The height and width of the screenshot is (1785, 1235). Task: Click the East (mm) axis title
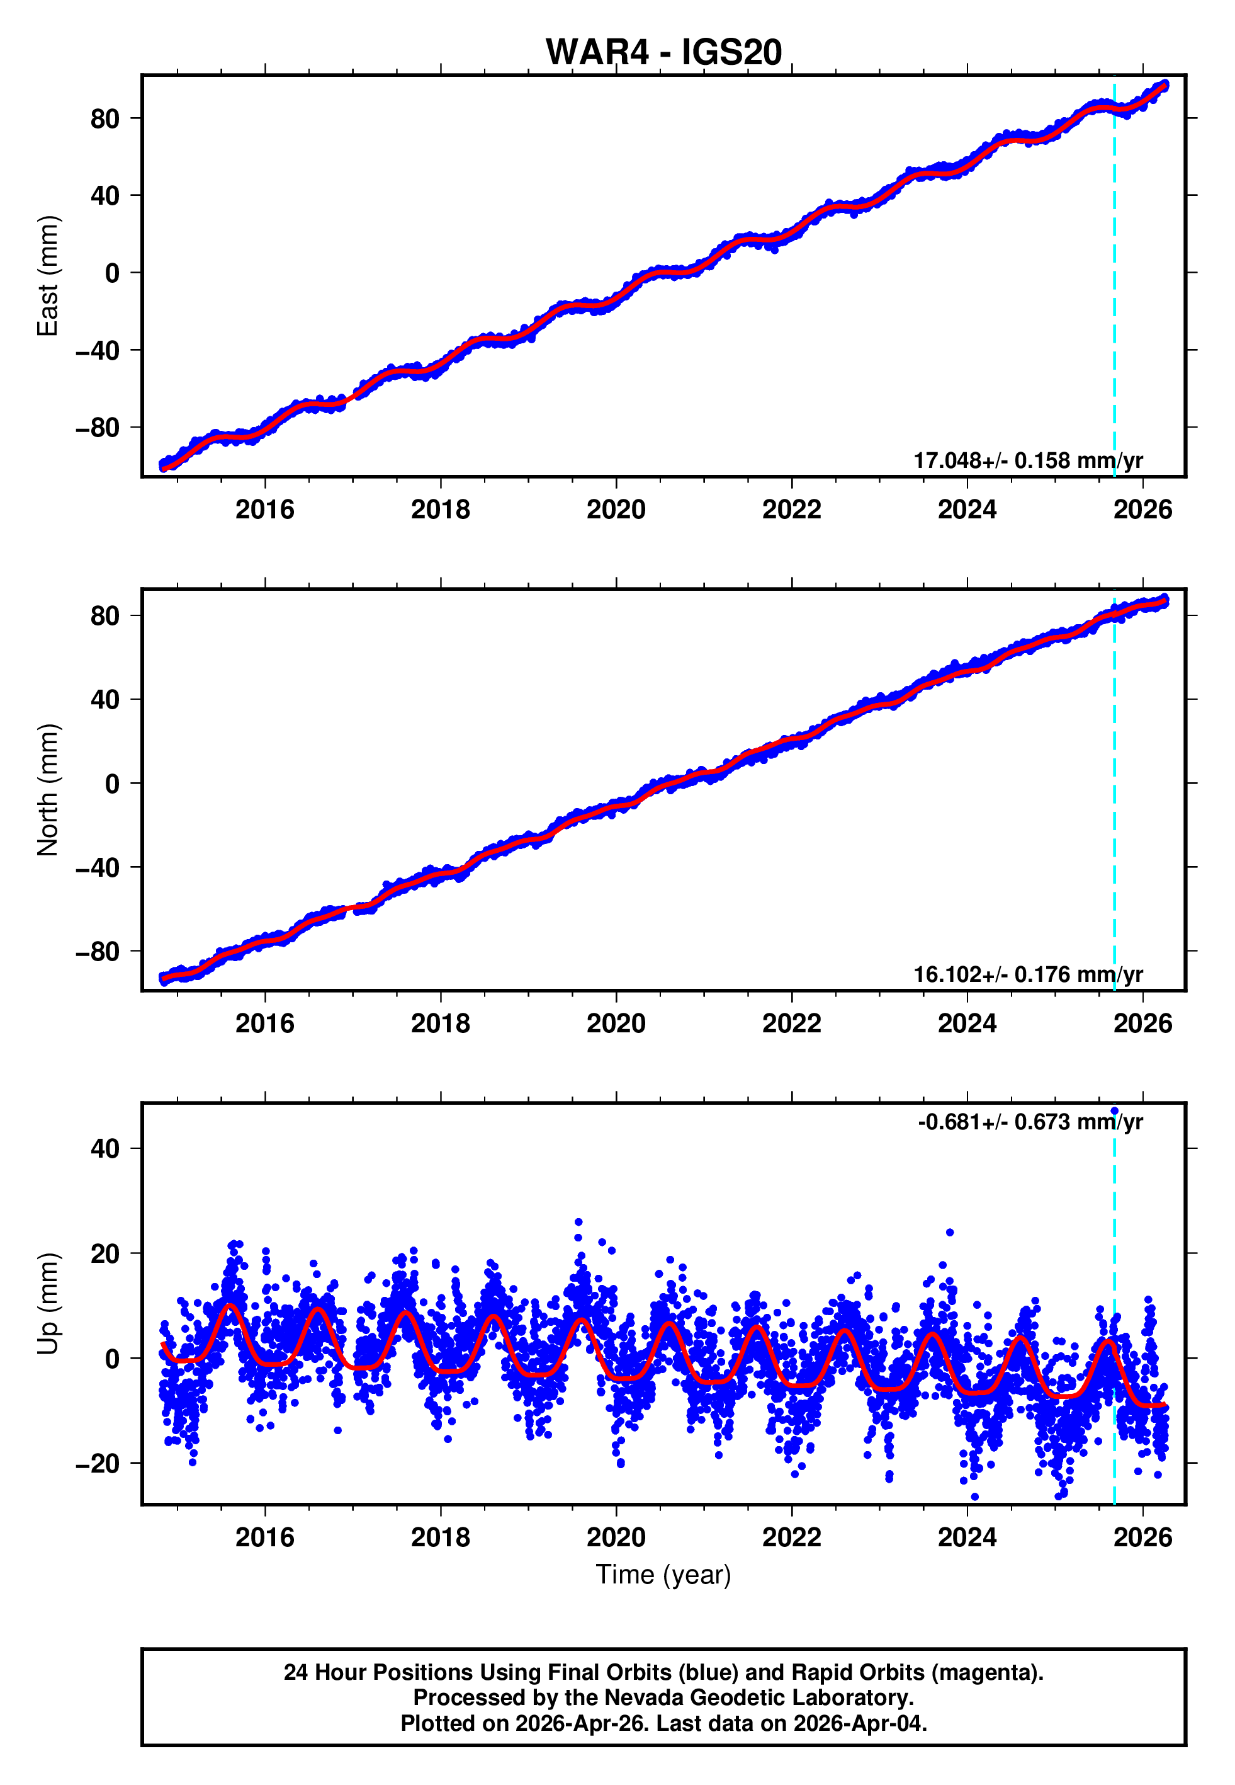pyautogui.click(x=48, y=276)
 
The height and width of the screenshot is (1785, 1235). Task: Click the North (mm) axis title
pyautogui.click(x=48, y=790)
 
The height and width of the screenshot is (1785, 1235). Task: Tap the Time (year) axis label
pyautogui.click(x=663, y=1575)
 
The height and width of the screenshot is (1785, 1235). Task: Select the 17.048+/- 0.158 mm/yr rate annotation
pyautogui.click(x=1028, y=460)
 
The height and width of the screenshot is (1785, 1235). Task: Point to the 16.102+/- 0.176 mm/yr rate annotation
pyautogui.click(x=1028, y=974)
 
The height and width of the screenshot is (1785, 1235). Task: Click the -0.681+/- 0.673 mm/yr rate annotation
pyautogui.click(x=1030, y=1122)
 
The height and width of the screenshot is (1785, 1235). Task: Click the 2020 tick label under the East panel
pyautogui.click(x=616, y=510)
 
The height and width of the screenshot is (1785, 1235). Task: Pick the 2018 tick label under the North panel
pyautogui.click(x=440, y=1024)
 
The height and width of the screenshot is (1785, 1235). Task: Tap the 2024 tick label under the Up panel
pyautogui.click(x=967, y=1537)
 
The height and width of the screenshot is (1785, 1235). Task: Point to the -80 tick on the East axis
pyautogui.click(x=98, y=427)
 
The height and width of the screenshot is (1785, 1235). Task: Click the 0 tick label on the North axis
pyautogui.click(x=112, y=784)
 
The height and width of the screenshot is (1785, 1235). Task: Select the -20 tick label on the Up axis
pyautogui.click(x=98, y=1464)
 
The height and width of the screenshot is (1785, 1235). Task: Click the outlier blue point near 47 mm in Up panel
pyautogui.click(x=1114, y=1111)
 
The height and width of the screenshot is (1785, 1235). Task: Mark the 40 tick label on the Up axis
pyautogui.click(x=105, y=1149)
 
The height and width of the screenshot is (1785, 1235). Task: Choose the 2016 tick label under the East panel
pyautogui.click(x=264, y=510)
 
